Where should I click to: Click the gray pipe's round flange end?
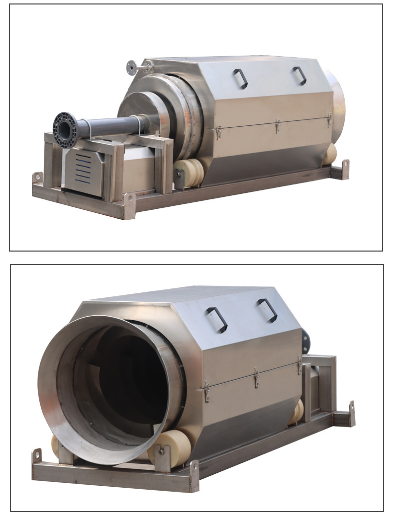[x=65, y=130]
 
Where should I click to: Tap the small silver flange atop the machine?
[x=132, y=67]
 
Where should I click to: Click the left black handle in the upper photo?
[x=240, y=78]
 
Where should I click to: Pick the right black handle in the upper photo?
[x=299, y=75]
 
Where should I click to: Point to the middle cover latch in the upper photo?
[x=278, y=125]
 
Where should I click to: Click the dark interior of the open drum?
[x=129, y=383]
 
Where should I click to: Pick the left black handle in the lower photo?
[x=217, y=319]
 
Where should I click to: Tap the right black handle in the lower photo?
[x=267, y=310]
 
